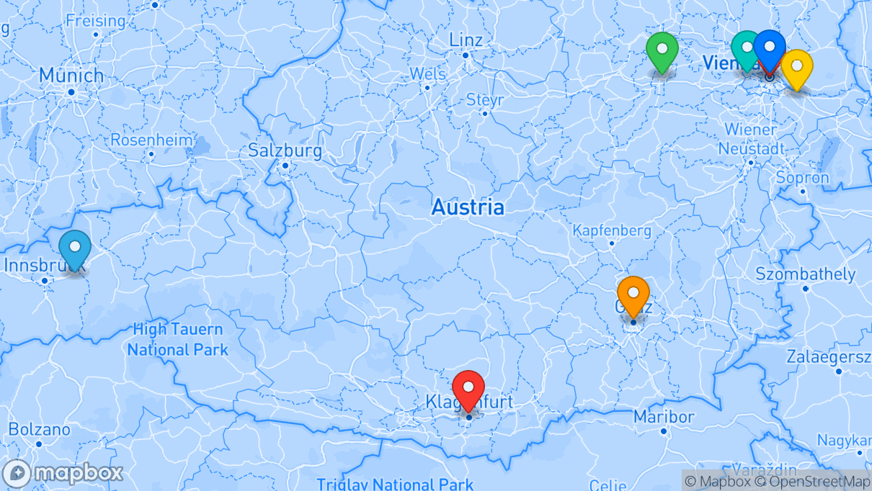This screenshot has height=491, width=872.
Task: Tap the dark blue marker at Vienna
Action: pyautogui.click(x=770, y=48)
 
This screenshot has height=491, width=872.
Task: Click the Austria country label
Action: pyautogui.click(x=468, y=208)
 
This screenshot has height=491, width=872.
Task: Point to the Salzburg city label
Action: pyautogui.click(x=285, y=151)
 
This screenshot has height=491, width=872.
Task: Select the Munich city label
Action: pyautogui.click(x=71, y=76)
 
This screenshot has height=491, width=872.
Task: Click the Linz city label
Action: pyautogui.click(x=466, y=40)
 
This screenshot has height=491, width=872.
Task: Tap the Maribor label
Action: pyautogui.click(x=664, y=417)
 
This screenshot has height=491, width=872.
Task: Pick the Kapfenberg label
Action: pyautogui.click(x=612, y=231)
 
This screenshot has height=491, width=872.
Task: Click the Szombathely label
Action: pyautogui.click(x=805, y=274)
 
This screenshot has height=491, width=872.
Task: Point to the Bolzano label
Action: pyautogui.click(x=40, y=430)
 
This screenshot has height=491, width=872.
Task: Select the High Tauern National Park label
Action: pyautogui.click(x=177, y=340)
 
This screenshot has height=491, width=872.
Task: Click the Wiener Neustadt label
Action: pyautogui.click(x=751, y=139)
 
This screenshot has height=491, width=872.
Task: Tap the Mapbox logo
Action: pyautogui.click(x=63, y=473)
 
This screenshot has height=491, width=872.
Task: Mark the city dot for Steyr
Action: pyautogui.click(x=485, y=113)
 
